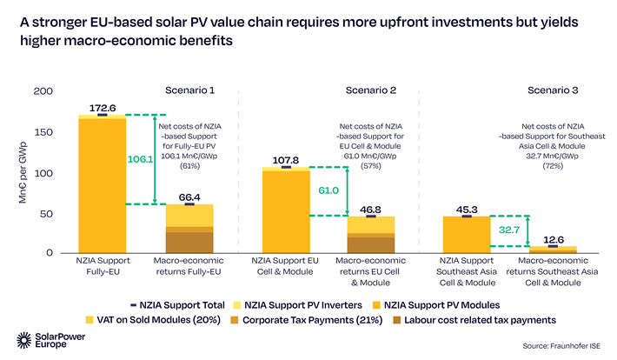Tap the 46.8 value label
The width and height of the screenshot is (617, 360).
371,210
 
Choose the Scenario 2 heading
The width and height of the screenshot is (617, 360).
371,90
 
